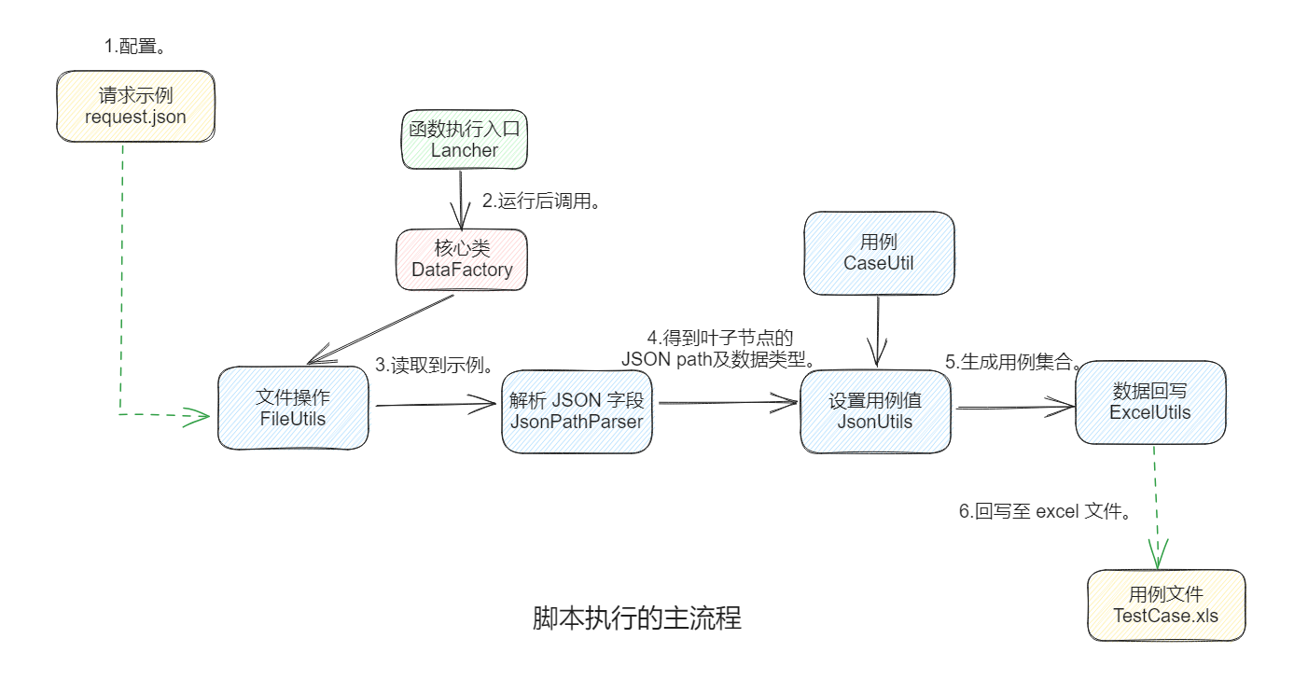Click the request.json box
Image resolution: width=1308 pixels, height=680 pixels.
(135, 106)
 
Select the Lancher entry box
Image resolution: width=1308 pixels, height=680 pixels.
(465, 139)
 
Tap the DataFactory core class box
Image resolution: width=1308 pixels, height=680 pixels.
(462, 258)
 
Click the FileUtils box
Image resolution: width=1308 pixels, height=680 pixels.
(293, 408)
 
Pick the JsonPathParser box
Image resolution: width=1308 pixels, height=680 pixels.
(577, 410)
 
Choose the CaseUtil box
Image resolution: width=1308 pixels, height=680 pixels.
(878, 252)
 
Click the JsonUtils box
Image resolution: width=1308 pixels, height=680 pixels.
(874, 410)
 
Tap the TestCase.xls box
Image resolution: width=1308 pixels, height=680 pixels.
(1165, 605)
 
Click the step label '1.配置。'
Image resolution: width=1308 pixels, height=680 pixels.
(141, 45)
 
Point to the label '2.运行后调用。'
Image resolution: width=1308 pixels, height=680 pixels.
(539, 201)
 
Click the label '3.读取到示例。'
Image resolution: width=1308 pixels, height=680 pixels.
(434, 365)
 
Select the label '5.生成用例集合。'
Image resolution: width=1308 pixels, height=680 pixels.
(1013, 362)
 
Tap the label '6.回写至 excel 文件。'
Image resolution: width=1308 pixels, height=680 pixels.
(1046, 511)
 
